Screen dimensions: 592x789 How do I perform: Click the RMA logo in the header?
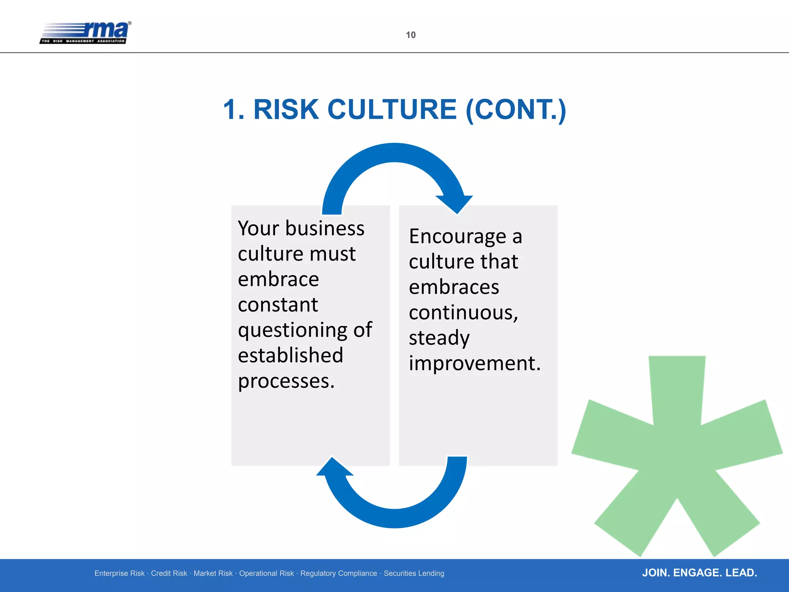(86, 32)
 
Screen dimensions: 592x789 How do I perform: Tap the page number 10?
(411, 35)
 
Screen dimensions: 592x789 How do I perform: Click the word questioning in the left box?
(293, 331)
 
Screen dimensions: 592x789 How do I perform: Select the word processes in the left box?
(286, 381)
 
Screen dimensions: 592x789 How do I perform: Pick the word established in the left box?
(290, 355)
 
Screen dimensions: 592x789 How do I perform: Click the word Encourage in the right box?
(457, 237)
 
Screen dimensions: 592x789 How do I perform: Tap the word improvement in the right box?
(474, 363)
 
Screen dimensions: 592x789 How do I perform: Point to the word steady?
(439, 338)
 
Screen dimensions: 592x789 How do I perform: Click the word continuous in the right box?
(463, 312)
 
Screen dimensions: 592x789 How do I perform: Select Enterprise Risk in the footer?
(119, 573)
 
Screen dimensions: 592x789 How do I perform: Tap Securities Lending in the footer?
(414, 573)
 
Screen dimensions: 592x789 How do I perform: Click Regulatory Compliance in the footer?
(338, 573)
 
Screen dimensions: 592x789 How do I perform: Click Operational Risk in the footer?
(266, 573)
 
